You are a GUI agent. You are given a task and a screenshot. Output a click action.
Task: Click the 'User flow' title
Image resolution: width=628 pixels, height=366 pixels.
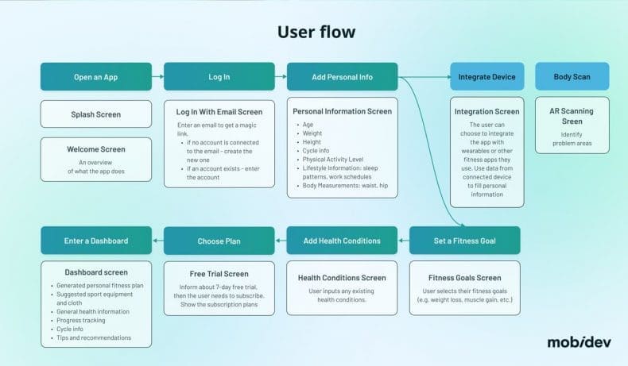(x=316, y=32)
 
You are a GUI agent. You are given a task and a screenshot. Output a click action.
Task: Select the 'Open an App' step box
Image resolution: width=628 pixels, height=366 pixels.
(x=96, y=77)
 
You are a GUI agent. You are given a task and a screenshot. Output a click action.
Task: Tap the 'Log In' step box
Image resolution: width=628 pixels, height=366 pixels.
(x=219, y=77)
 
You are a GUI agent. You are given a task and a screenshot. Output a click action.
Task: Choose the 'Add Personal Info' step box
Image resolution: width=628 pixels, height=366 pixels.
(x=342, y=77)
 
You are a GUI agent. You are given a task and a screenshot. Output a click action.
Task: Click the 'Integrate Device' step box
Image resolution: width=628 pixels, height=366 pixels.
(x=487, y=77)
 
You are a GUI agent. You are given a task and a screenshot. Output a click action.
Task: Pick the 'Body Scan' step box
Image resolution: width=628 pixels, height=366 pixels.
(x=572, y=77)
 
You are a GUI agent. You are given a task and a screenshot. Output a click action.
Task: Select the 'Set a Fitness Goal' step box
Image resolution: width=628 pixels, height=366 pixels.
(x=465, y=241)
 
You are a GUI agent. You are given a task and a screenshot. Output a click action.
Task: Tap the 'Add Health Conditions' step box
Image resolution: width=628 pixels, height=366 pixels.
(x=342, y=241)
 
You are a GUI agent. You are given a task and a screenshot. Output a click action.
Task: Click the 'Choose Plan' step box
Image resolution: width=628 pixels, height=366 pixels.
(x=219, y=241)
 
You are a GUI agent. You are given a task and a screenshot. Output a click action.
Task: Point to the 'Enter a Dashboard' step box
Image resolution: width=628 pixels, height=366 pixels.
(x=96, y=241)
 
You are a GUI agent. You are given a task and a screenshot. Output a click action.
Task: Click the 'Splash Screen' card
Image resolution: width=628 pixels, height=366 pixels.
(x=96, y=114)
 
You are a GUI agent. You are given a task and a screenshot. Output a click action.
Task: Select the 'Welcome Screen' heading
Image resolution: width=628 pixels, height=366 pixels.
(x=96, y=148)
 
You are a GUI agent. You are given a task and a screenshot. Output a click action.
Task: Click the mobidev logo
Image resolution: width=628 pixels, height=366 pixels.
(x=578, y=342)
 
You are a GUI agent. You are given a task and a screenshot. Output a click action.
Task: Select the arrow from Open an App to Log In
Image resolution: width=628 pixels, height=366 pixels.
(x=157, y=77)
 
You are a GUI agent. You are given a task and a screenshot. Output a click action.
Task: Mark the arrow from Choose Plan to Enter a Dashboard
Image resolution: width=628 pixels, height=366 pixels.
(x=157, y=241)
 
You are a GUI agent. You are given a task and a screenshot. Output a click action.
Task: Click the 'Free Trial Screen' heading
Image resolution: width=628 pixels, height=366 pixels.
(x=219, y=274)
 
